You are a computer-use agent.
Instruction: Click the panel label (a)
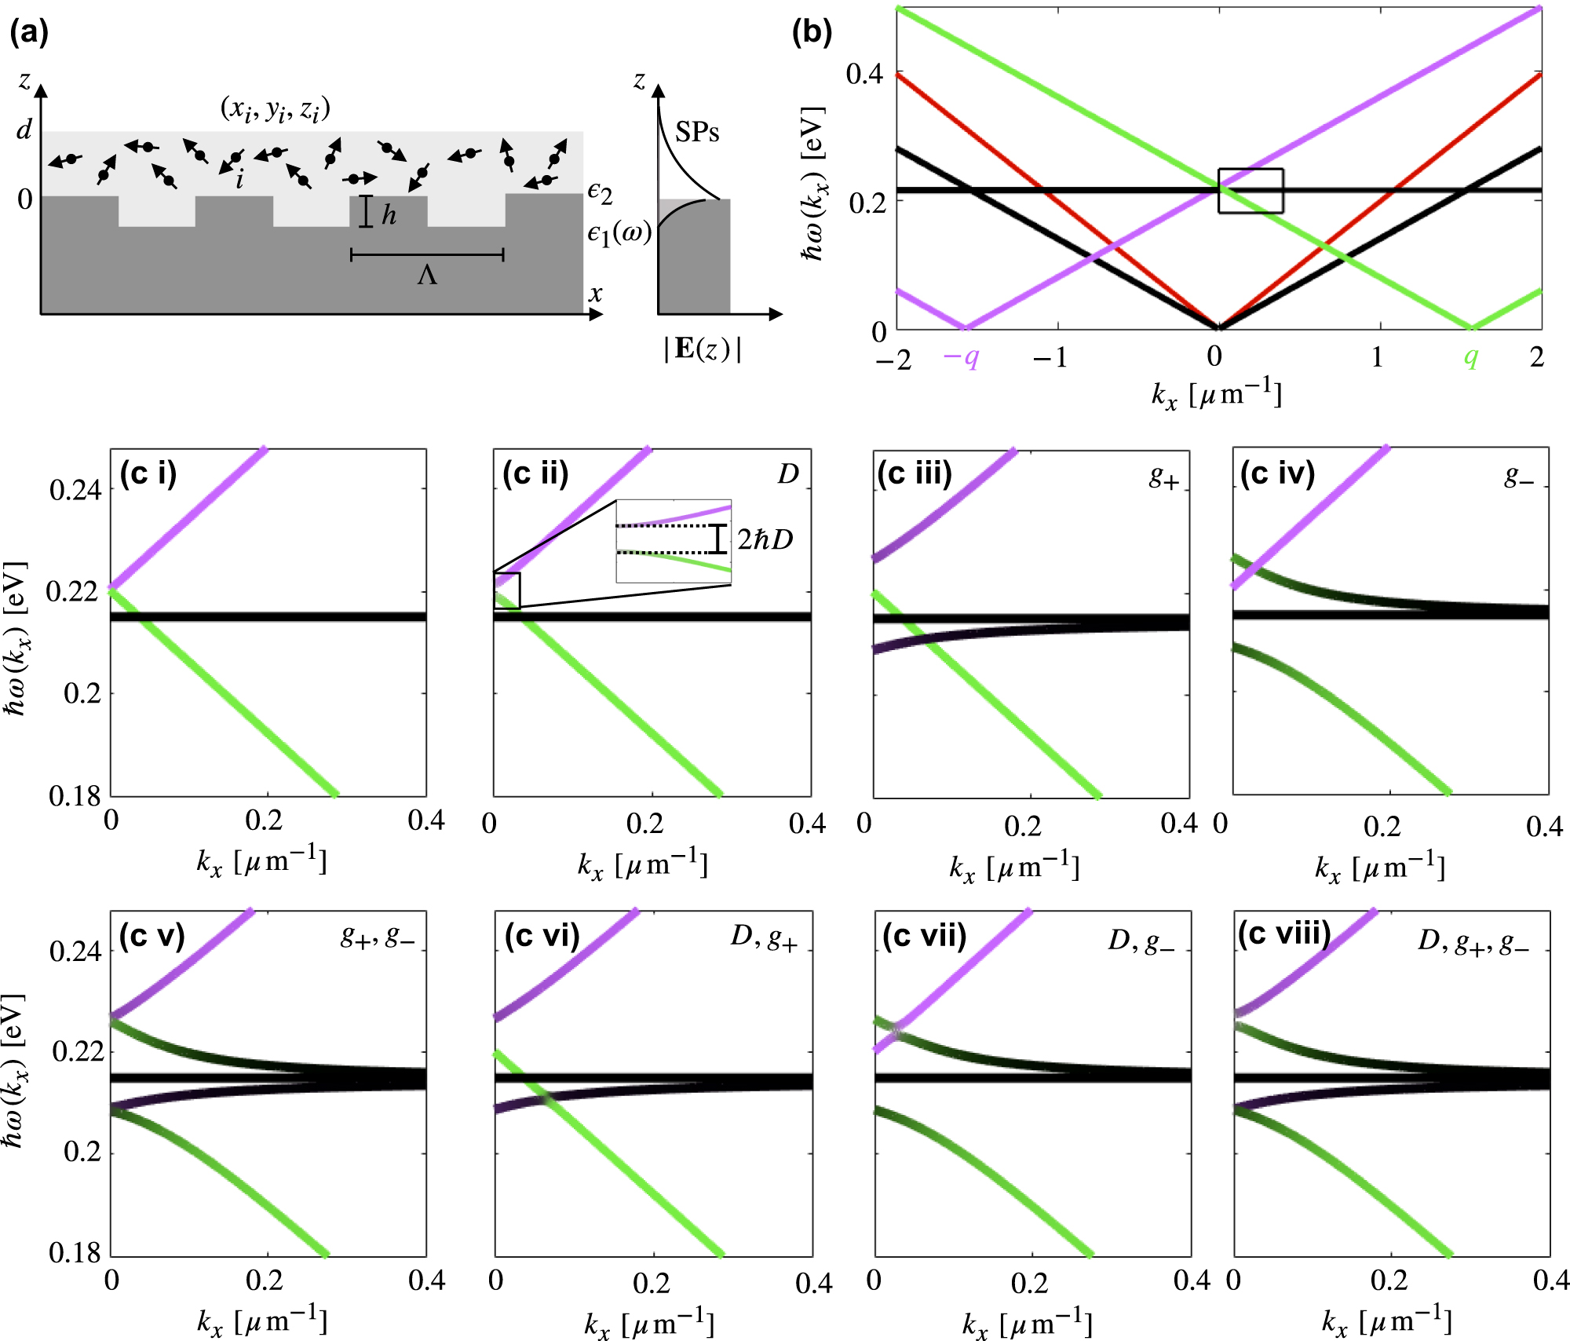28,32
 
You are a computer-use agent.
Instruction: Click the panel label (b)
812,32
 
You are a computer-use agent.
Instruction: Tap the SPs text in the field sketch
697,132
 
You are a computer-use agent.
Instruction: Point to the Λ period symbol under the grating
427,276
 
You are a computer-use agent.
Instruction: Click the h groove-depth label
389,214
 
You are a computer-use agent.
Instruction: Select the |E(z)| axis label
702,349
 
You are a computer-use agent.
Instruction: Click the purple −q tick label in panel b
961,358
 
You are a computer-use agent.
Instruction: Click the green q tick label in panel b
1470,357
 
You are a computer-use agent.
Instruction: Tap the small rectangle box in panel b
1251,191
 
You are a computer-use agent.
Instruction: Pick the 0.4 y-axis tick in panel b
864,74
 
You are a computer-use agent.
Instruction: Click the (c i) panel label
148,473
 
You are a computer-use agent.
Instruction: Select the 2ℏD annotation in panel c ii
765,539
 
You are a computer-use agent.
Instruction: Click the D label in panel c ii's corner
787,474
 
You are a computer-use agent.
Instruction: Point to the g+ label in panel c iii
1164,477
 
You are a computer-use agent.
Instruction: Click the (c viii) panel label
1284,934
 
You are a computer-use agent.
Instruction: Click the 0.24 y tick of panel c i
75,491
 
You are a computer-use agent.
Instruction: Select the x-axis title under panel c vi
649,1324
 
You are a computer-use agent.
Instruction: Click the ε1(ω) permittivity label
619,234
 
